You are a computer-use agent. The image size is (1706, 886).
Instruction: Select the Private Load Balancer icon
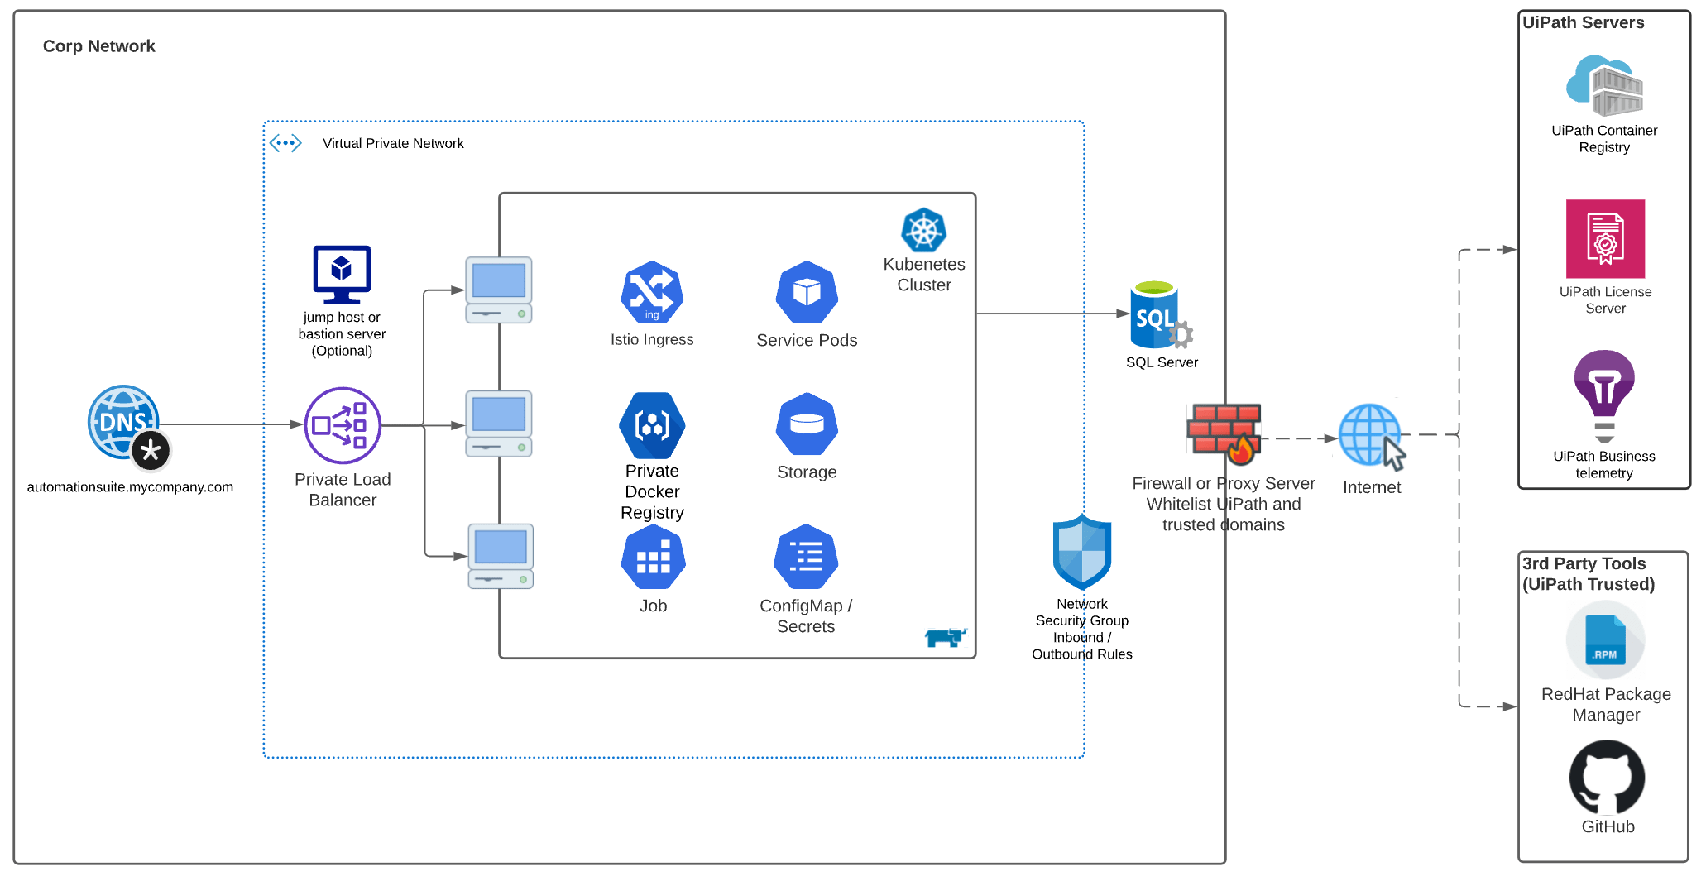coord(343,425)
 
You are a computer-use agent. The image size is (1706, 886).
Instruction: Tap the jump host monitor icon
coord(342,274)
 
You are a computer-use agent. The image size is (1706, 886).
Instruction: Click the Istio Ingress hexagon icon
coord(652,292)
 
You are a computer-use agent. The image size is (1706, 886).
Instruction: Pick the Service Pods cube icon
coord(807,292)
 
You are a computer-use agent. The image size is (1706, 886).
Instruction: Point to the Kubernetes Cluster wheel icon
coord(923,230)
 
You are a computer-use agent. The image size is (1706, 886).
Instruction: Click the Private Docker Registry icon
coord(652,425)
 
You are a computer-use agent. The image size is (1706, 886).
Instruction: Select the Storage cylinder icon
coord(807,424)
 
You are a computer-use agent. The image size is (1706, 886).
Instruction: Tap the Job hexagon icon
coord(653,558)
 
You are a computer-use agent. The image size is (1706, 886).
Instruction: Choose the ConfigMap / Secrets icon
coord(806,557)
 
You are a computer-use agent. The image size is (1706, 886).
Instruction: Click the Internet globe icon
coord(1371,435)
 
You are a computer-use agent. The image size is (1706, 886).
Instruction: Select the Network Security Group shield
coord(1081,551)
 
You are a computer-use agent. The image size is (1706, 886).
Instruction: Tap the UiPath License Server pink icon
coord(1605,238)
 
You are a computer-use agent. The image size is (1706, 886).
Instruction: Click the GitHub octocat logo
coord(1607,778)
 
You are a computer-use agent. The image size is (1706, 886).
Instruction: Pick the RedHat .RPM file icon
coord(1605,640)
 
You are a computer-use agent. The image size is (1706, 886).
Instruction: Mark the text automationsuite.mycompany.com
coord(130,487)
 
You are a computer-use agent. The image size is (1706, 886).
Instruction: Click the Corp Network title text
coord(98,46)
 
